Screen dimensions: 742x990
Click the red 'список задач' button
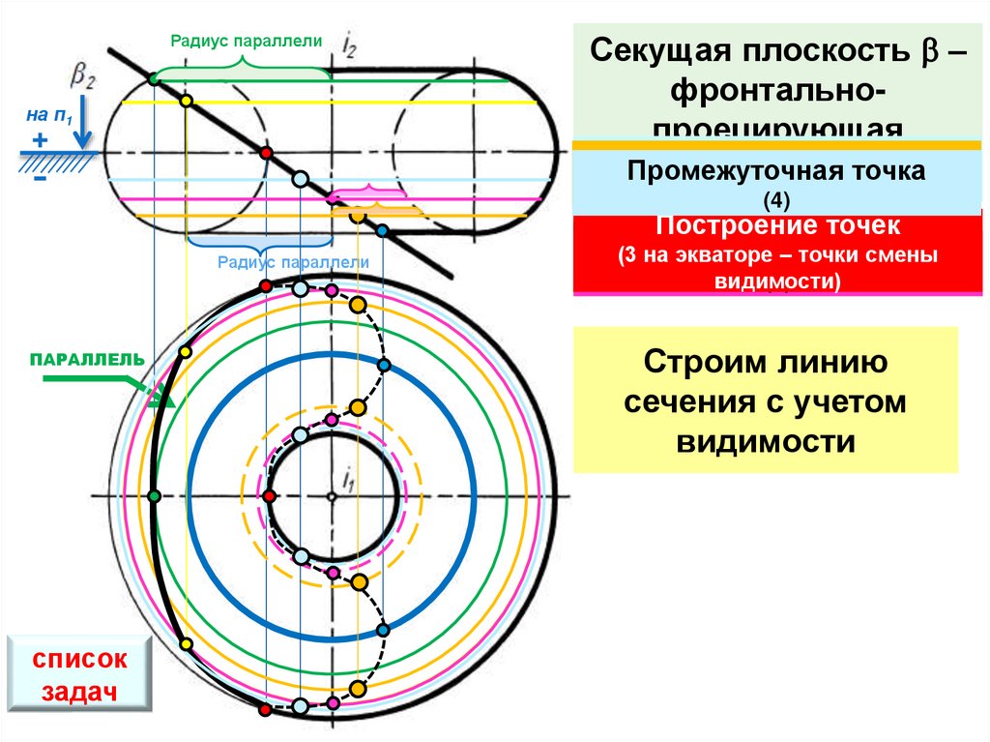point(80,675)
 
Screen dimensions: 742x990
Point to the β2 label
point(82,74)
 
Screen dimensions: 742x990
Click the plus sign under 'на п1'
point(40,140)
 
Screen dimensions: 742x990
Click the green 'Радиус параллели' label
point(246,41)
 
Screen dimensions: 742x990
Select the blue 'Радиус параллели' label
point(293,261)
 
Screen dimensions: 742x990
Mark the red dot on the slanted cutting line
point(268,153)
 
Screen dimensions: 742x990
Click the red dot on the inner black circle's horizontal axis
point(269,495)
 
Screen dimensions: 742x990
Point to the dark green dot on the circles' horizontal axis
point(154,495)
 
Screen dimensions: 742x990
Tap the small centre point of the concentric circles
point(331,496)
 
